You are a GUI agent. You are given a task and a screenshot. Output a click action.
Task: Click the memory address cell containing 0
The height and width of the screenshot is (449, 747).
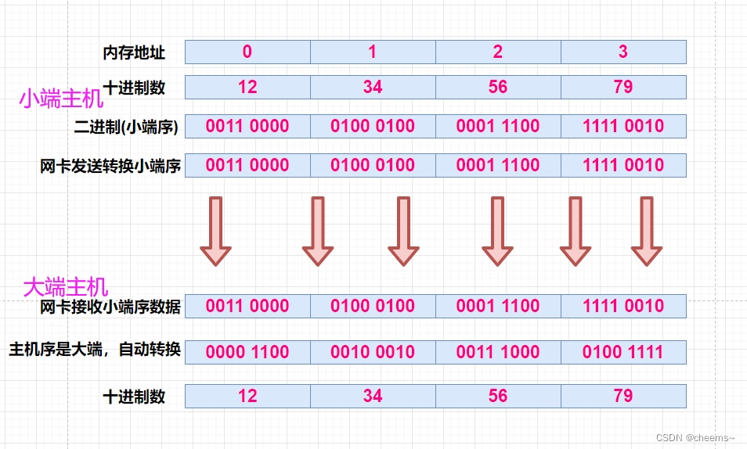coord(247,52)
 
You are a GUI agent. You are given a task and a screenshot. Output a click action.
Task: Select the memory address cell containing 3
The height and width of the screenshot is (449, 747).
coord(623,52)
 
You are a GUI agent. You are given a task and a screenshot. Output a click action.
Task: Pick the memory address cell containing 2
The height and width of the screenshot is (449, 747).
coord(498,52)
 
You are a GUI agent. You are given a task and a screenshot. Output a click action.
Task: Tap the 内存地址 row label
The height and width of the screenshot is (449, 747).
coord(134,52)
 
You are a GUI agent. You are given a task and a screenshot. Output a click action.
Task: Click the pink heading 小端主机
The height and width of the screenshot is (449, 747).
coord(61,99)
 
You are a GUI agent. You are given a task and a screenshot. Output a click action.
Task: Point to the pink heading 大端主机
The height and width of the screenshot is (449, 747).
coord(65,287)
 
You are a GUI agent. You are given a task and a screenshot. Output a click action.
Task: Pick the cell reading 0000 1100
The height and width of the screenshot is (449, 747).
coord(247,352)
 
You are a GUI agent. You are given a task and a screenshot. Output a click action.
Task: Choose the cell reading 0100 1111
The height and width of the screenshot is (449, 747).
coord(623,352)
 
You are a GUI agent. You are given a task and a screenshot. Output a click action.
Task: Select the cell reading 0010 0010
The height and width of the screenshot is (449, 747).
coord(373,352)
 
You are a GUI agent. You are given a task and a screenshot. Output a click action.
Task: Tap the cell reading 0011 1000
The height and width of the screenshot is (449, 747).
coord(498,352)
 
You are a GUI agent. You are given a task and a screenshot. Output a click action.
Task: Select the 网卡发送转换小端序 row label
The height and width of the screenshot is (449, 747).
coord(110,166)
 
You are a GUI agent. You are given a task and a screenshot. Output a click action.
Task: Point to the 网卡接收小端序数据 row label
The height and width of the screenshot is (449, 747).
coord(110,307)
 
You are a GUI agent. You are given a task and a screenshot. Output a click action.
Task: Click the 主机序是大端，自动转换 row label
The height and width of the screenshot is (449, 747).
coord(95,350)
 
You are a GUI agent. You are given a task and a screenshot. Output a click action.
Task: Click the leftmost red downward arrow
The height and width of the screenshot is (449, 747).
coord(215,231)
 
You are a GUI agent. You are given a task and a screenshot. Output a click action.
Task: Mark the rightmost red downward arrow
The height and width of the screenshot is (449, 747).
coord(647,231)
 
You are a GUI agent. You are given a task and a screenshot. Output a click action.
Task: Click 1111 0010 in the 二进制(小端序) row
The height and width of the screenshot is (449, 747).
coord(623,126)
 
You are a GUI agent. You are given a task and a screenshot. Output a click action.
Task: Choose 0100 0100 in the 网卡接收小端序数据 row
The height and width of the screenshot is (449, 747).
coord(373,307)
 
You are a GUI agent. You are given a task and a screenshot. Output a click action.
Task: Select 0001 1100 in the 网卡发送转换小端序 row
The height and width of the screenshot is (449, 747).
coord(498,166)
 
